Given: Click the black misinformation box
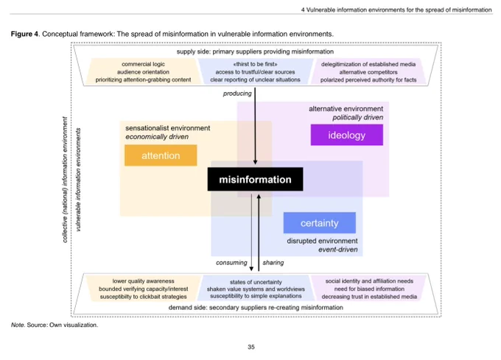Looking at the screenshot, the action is (256, 179).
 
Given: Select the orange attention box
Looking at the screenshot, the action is (161, 155).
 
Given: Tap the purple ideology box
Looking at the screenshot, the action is (347, 135).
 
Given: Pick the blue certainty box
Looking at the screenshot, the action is (320, 223).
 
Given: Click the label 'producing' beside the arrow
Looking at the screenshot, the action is (237, 93).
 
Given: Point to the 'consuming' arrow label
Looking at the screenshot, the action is (231, 262).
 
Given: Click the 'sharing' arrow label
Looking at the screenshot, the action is (273, 262).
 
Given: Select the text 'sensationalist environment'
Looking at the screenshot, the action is (168, 128).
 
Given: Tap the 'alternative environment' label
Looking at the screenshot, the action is (346, 109).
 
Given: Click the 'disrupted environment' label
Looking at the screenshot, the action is (322, 241).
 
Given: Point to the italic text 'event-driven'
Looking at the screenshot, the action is (337, 250).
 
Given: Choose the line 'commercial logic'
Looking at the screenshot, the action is (143, 64).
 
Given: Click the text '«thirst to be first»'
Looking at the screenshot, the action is (255, 64).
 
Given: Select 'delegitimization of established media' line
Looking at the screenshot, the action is (368, 64).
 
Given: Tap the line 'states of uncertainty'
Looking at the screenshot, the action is (256, 282).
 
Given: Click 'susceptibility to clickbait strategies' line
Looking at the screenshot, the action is (143, 297).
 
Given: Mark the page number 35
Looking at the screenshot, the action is (251, 347).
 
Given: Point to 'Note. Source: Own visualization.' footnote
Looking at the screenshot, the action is (55, 325).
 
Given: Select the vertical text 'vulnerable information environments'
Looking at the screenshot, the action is (78, 180).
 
